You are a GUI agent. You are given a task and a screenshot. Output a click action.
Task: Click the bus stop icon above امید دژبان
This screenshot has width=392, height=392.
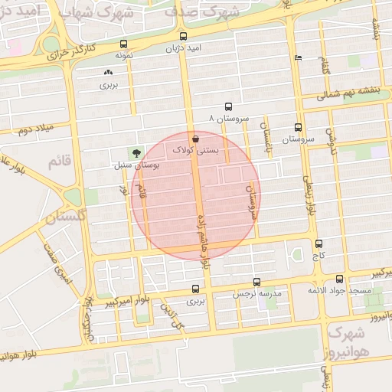click(183, 36)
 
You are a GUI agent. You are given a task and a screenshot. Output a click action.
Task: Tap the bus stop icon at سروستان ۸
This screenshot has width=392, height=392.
click(229, 107)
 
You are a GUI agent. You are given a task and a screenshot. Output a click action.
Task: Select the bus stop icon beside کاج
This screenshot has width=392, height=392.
click(318, 243)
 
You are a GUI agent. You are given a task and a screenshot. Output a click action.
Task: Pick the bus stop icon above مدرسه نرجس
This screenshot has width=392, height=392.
click(256, 282)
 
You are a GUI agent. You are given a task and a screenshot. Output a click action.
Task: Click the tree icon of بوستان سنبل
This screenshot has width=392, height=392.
click(136, 152)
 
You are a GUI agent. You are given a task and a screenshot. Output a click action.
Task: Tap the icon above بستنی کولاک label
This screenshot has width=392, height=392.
click(197, 139)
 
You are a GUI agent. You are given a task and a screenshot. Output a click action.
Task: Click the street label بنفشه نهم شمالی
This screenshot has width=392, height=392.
click(354, 96)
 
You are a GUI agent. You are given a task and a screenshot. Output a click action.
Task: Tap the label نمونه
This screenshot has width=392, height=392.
click(124, 56)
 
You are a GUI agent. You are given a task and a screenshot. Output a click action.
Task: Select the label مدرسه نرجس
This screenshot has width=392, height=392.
click(258, 293)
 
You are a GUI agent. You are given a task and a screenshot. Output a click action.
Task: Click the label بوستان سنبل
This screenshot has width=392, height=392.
click(135, 165)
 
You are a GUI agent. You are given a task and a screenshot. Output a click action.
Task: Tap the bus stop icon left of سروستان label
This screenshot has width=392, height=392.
click(298, 128)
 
